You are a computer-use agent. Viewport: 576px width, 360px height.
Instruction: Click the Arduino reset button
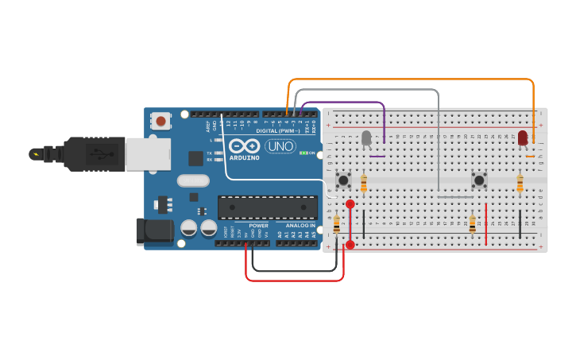click(161, 122)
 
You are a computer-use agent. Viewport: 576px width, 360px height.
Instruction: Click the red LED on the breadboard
click(523, 137)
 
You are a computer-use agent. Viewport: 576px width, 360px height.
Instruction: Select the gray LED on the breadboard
click(366, 139)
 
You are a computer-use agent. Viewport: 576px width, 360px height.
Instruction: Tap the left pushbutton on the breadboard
click(344, 180)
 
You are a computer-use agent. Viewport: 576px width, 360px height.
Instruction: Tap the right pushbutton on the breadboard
click(480, 180)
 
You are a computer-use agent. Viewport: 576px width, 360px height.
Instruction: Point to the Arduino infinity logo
click(244, 147)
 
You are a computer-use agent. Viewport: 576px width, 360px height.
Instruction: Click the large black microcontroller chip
click(268, 207)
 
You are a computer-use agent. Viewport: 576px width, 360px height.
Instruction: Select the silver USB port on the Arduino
click(148, 153)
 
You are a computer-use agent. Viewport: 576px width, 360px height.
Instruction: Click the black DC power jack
click(155, 230)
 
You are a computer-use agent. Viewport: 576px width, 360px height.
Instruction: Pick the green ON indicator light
click(303, 153)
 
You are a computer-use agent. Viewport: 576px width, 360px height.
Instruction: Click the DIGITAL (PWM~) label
click(277, 131)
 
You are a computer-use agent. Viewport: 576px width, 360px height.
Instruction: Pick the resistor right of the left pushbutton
click(364, 184)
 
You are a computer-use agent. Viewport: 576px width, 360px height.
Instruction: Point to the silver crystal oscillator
click(193, 180)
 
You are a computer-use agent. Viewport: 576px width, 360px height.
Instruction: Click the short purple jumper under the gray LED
click(377, 156)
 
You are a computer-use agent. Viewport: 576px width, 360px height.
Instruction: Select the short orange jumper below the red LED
click(530, 156)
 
